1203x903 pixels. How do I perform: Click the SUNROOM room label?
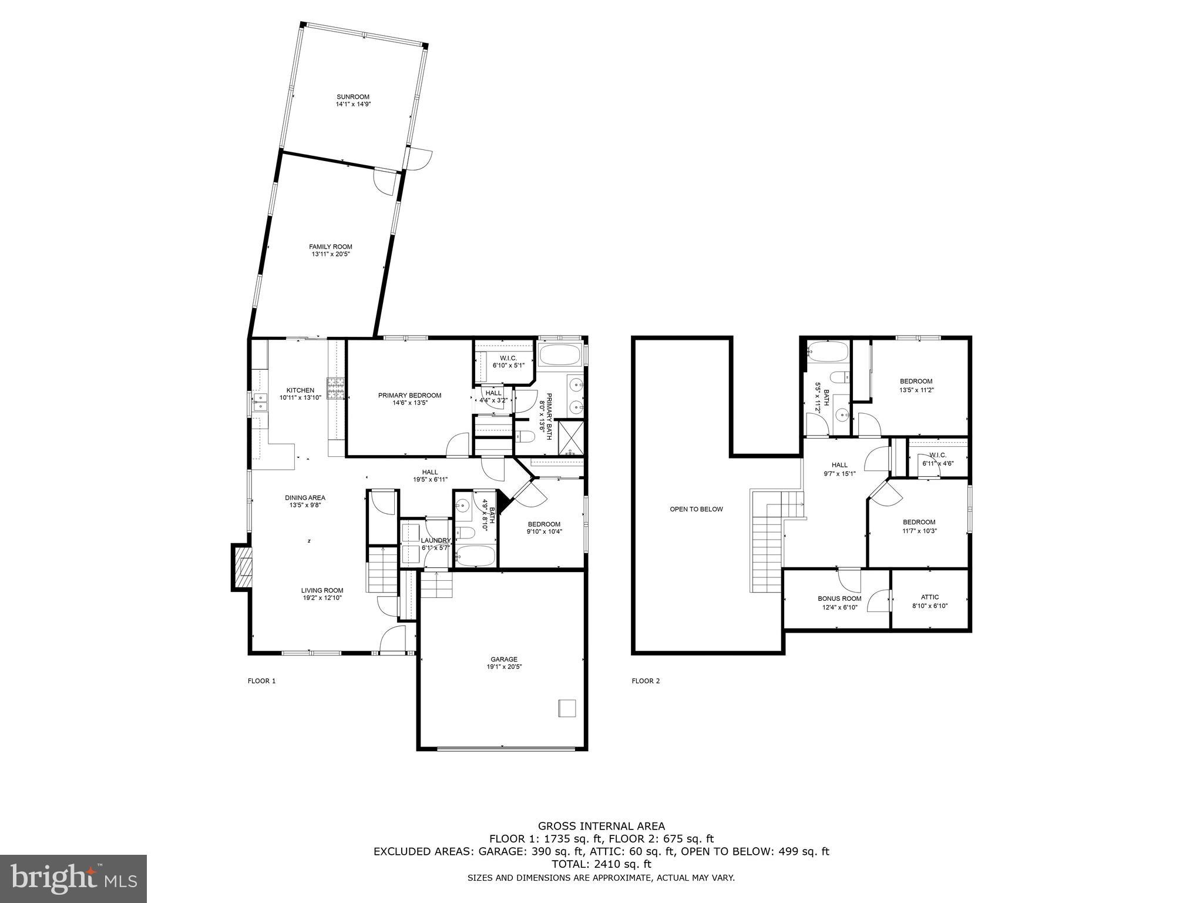[353, 101]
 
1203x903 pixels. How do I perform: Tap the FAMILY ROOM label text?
[331, 250]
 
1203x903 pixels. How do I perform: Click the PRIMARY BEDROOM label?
[409, 399]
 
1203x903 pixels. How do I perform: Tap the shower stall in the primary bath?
[571, 438]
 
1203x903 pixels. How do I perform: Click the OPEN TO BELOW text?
[696, 509]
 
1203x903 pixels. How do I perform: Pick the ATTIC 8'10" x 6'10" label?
[930, 601]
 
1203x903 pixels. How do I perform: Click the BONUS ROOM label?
[839, 603]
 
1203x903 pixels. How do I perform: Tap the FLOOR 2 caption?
[646, 681]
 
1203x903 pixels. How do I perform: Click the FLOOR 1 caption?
[261, 681]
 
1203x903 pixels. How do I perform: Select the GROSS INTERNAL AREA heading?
[601, 826]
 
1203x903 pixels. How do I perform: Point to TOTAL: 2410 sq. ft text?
[601, 864]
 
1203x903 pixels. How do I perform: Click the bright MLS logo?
[73, 878]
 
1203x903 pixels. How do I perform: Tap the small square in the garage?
[567, 708]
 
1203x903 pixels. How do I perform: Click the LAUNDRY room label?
[435, 544]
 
